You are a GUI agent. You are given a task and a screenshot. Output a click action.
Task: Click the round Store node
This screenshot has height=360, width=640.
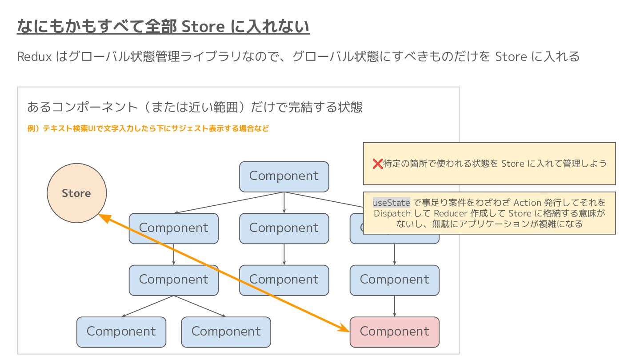[76, 193]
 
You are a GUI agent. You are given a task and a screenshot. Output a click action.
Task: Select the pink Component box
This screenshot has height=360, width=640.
[395, 332]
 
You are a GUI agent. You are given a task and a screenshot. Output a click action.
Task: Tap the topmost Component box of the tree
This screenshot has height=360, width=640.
[284, 176]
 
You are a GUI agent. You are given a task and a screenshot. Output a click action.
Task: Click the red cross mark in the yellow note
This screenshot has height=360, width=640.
[377, 164]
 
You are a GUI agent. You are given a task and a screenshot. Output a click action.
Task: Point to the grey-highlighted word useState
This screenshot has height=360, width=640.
[391, 203]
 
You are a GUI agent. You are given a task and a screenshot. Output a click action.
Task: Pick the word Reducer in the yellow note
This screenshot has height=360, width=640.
[452, 213]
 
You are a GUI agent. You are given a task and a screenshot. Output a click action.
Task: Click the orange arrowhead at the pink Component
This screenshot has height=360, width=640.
[344, 329]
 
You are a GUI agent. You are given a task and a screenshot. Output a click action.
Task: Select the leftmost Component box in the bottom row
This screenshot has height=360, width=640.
[121, 332]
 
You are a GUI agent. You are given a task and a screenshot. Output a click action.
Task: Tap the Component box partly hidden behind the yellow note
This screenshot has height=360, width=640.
[356, 228]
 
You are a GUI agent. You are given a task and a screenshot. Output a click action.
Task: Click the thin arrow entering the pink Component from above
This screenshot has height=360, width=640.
[395, 307]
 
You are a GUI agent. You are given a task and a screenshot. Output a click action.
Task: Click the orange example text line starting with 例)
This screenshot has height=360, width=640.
[148, 129]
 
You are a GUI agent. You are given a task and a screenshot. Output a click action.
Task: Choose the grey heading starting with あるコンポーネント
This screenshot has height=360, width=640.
[195, 107]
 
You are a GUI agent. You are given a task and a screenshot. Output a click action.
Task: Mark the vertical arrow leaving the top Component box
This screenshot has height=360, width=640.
[284, 203]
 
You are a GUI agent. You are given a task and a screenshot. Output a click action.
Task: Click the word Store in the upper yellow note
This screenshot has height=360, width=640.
[512, 164]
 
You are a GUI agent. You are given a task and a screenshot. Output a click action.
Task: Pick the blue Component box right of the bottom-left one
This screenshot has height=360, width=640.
[226, 332]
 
